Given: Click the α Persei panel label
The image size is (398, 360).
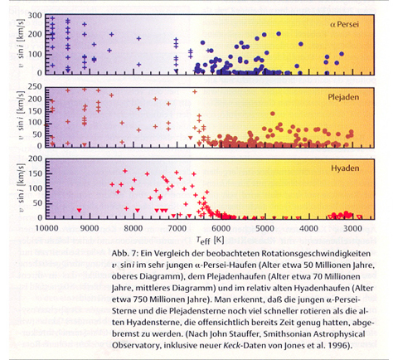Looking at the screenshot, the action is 344,24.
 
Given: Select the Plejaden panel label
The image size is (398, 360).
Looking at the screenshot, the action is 343,97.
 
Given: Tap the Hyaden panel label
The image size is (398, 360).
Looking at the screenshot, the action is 345,168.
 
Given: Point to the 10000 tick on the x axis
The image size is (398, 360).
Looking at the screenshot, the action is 47,228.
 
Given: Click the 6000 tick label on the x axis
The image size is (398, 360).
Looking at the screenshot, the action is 221,228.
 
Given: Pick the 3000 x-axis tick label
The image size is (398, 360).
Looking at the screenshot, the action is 352,228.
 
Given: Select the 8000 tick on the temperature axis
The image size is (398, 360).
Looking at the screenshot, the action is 133,228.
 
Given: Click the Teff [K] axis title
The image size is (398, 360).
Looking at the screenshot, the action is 210,240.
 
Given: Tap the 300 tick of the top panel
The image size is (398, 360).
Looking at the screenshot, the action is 35,16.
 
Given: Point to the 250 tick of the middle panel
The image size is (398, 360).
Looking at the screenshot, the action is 35,87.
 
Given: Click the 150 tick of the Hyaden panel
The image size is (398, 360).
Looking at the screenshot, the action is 35,173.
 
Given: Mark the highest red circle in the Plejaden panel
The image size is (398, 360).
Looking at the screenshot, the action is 273,114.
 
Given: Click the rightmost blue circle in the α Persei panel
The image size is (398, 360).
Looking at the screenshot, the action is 342,54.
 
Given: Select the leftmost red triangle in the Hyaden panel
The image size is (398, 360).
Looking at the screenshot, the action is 80,210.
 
